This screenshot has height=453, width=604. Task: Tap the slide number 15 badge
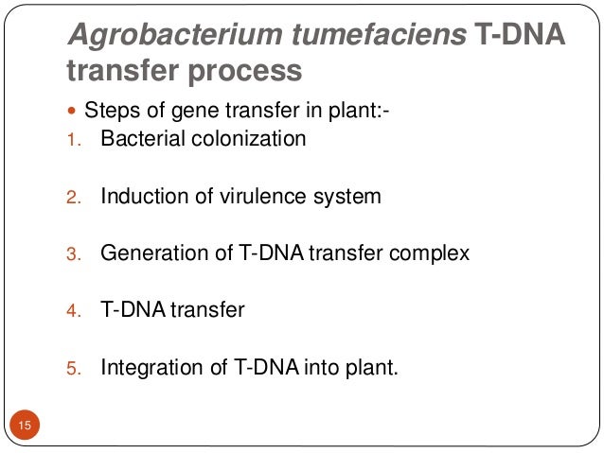pyautogui.click(x=26, y=427)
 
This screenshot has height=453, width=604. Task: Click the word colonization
pyautogui.click(x=248, y=139)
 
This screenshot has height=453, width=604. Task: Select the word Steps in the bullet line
pyautogui.click(x=110, y=111)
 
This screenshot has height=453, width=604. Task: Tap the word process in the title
pyautogui.click(x=246, y=71)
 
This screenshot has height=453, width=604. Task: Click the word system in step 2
pyautogui.click(x=347, y=197)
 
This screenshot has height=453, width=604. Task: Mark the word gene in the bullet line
pyautogui.click(x=184, y=111)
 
